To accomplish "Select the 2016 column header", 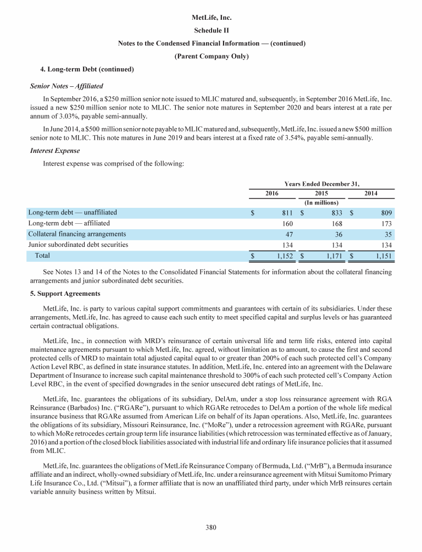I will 271,194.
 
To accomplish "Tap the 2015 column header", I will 321,194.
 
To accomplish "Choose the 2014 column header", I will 371,194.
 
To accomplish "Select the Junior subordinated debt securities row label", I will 77,245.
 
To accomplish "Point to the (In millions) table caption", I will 321,203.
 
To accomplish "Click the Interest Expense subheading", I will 53,151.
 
